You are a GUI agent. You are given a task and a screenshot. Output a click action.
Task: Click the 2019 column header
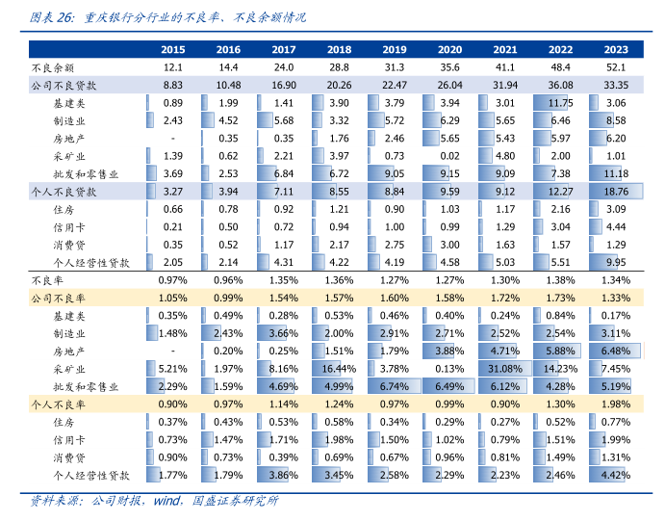coord(395,49)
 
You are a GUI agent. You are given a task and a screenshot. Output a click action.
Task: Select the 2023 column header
coord(616,49)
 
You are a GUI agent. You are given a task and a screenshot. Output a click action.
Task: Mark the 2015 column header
coord(173,49)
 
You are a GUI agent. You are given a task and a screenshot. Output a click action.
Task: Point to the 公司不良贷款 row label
coord(64,85)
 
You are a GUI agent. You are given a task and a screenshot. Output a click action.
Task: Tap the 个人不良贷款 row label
coord(64,192)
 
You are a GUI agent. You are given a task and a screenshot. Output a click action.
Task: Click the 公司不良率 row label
coord(60,298)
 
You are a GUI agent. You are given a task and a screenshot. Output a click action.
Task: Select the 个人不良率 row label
coord(60,404)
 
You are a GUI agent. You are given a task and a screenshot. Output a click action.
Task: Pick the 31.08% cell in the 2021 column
coord(505,369)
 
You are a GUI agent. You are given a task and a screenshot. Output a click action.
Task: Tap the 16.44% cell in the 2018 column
coord(340,369)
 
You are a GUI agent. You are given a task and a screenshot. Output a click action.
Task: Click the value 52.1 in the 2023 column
coord(616,67)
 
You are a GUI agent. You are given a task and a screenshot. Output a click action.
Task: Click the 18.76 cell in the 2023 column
coord(616,192)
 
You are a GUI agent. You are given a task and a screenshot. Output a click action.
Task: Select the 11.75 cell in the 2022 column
coord(560,103)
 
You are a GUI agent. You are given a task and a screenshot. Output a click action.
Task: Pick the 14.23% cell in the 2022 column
coord(560,369)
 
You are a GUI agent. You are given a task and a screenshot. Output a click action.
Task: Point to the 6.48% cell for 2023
coord(616,352)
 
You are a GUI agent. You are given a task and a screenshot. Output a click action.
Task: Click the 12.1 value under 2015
coord(173,67)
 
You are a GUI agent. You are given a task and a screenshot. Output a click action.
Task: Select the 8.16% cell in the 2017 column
coord(284,369)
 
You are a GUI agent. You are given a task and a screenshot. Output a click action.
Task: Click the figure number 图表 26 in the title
coord(52,17)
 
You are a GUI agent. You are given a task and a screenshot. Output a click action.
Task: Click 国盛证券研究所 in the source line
coord(236,501)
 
